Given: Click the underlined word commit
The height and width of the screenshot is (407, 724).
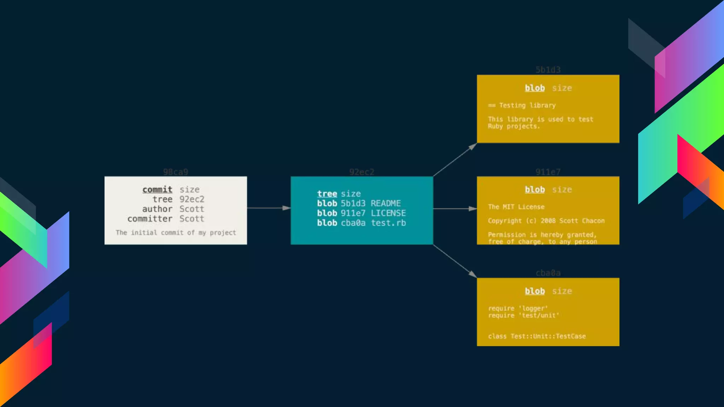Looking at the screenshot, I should [157, 189].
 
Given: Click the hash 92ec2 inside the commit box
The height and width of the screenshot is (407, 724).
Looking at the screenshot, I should [192, 199].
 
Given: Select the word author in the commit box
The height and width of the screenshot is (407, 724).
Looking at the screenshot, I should [157, 209].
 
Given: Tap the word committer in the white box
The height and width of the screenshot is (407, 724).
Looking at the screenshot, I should [150, 219].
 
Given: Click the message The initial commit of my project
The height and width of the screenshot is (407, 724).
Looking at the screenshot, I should [176, 232].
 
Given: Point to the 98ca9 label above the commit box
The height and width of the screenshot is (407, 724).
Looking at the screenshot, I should [175, 172].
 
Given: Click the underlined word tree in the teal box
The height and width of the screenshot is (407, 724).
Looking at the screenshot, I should [327, 194].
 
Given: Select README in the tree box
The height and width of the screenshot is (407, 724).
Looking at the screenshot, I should [386, 203].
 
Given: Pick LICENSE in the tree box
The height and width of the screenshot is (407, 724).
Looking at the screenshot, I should [388, 213].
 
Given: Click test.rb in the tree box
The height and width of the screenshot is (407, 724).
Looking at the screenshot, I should [388, 223].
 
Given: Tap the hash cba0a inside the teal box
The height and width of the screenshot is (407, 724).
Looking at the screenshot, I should [353, 223].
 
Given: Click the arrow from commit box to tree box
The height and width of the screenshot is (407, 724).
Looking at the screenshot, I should [269, 208].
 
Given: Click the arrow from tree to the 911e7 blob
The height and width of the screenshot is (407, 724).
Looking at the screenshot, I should [455, 209].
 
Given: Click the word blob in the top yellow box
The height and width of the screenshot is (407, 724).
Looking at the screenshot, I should [535, 88].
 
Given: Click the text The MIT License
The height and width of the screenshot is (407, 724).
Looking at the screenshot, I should [516, 207].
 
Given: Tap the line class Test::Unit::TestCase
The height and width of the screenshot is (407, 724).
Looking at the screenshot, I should [537, 336].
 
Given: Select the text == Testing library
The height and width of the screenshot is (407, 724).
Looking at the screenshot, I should [522, 105].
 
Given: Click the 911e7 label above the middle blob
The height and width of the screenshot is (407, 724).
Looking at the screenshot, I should [548, 172].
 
